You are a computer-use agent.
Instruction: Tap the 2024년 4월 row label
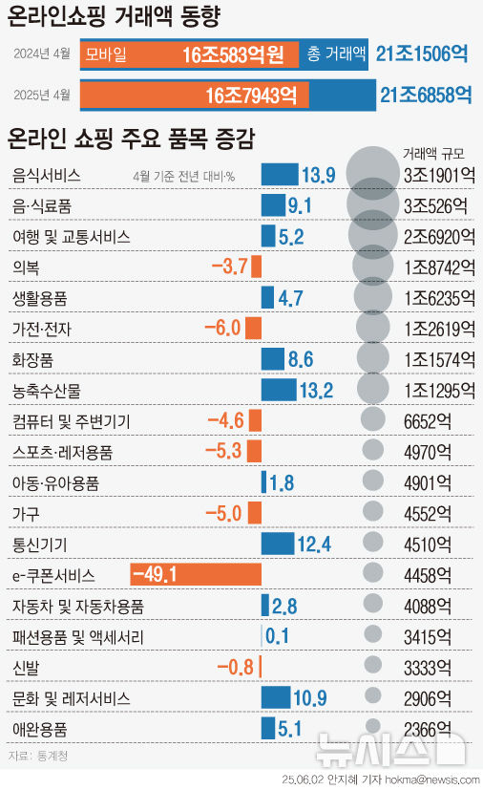coord(42,55)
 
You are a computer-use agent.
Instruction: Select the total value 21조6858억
coord(426,95)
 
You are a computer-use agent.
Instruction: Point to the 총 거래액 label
coord(336,55)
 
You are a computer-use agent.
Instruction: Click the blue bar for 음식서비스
coord(279,175)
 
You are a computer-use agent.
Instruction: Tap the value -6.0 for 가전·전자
coord(222,329)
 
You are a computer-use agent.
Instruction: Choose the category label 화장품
coord(34,359)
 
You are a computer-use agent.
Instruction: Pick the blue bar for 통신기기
coord(278,544)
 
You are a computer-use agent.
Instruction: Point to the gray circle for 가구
coord(373,513)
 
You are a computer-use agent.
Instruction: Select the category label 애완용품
coord(40,729)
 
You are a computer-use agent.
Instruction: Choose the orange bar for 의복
coord(256,267)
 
